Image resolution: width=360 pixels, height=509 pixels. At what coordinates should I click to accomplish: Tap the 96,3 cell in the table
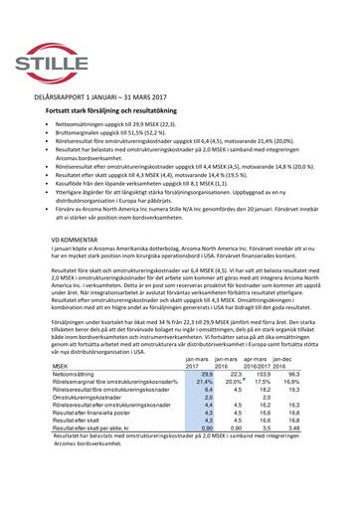(293, 428)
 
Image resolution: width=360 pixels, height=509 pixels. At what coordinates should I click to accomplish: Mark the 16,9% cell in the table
(292, 437)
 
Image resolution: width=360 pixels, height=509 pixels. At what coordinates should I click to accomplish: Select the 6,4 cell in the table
(208, 446)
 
